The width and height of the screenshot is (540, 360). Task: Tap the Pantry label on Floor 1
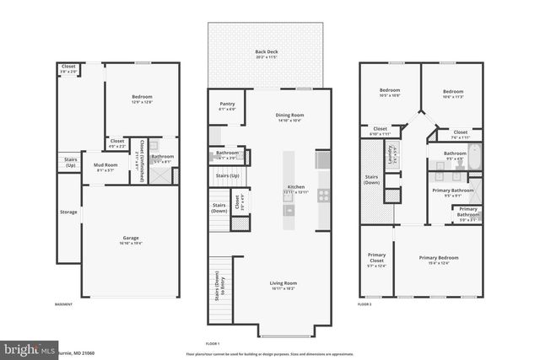coord(227,105)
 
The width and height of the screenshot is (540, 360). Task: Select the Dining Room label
coord(289,117)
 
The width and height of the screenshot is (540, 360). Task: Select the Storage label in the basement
coord(67,212)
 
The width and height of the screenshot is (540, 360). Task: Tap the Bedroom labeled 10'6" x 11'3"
coord(453,93)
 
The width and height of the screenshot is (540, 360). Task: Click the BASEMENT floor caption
coord(63,304)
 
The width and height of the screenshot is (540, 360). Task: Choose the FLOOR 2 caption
coord(364,304)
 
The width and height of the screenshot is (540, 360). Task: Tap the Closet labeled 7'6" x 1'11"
coord(461,133)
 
